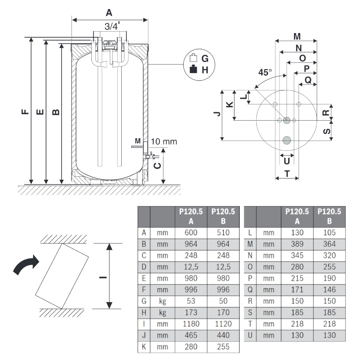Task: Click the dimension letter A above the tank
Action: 109,13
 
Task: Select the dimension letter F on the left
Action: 24,112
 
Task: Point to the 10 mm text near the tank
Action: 164,141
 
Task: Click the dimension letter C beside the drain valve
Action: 157,166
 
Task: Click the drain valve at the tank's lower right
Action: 151,157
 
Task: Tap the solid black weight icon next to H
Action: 194,69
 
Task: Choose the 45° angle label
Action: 265,72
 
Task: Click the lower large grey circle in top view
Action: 287,140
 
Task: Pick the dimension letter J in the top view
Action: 217,114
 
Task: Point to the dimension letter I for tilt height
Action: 102,277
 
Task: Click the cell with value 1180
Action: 191,324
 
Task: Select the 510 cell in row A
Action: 223,233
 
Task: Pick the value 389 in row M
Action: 297,244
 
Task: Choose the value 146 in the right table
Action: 329,289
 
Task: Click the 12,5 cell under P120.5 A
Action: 191,267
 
